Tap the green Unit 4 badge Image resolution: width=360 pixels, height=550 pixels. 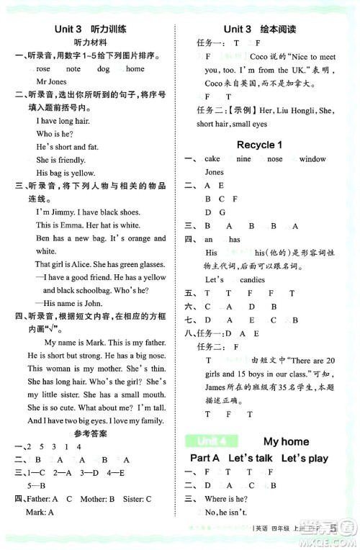click(207, 441)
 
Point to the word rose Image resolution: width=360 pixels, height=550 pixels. click(43, 68)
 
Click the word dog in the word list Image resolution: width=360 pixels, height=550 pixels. click(103, 68)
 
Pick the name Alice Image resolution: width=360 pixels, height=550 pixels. click(90, 264)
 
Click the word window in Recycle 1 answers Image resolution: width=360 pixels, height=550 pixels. click(312, 159)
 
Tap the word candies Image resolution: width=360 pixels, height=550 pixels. click(252, 279)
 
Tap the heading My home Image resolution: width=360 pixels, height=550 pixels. click(286, 441)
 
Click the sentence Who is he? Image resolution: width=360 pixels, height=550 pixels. click(54, 134)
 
